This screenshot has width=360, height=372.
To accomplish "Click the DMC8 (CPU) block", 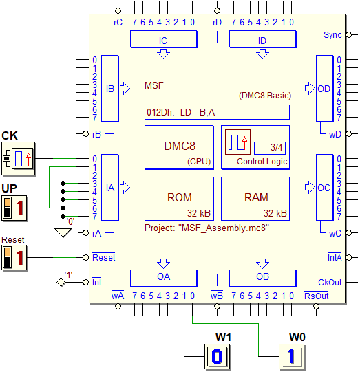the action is (179, 148).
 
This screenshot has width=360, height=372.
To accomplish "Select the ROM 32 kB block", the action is (179, 199).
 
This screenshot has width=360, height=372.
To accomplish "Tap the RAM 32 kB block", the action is (256, 199).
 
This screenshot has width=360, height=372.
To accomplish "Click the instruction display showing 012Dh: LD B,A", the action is (217, 112).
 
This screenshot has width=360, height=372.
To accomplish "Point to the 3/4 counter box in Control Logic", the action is (270, 148).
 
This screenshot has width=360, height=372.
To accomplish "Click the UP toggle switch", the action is (14, 208).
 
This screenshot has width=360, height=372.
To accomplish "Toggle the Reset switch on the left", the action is (14, 258).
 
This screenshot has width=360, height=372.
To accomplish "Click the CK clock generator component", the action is (19, 158).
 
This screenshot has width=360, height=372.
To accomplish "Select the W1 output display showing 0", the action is (218, 356).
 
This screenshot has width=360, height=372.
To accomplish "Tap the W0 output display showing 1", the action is (292, 356).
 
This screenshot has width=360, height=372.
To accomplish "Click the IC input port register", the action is (164, 39).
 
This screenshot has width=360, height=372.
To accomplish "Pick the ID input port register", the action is (263, 39).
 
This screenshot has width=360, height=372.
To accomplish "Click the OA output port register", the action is (164, 278).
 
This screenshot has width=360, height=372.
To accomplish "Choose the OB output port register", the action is (263, 278).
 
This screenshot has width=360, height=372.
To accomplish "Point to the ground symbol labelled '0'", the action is (63, 232).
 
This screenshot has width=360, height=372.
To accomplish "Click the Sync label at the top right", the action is (332, 34).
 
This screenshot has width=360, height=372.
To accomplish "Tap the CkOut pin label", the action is (330, 283).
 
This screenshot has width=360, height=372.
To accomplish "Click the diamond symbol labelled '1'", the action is (61, 283).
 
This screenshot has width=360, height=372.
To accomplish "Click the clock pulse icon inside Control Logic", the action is (237, 142).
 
